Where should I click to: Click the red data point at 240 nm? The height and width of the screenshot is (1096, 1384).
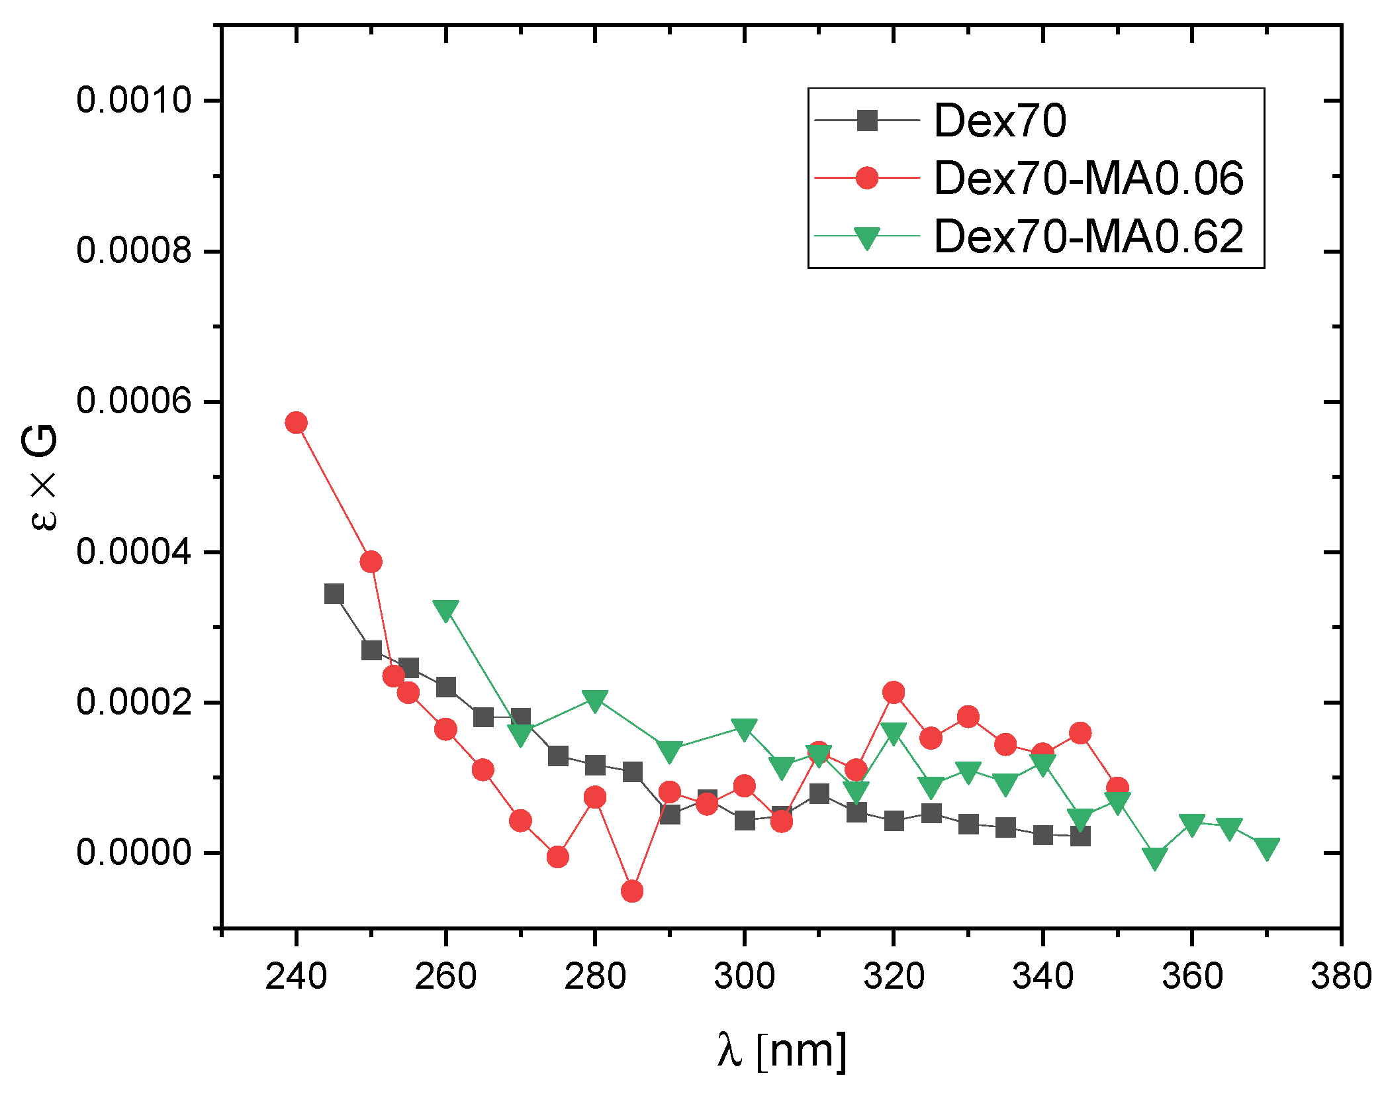[x=296, y=423]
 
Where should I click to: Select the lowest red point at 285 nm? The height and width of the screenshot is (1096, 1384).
[x=632, y=891]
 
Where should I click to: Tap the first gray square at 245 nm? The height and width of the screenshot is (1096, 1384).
[x=334, y=594]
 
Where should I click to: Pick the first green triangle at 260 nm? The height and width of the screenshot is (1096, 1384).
[x=445, y=610]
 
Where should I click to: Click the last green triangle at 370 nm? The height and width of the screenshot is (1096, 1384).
[x=1267, y=848]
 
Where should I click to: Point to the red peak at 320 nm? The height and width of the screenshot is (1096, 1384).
[x=894, y=693]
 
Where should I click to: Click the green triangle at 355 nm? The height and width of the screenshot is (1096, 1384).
[x=1154, y=858]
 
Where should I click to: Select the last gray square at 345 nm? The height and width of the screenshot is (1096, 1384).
[x=1080, y=836]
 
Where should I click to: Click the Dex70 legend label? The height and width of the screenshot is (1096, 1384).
[x=999, y=121]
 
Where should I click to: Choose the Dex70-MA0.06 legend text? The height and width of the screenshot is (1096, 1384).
[x=1088, y=178]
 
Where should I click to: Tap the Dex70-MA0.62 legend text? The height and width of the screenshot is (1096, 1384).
[x=1088, y=236]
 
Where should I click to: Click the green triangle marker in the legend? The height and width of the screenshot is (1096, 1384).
[x=866, y=238]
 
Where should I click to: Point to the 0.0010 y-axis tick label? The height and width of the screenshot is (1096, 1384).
[x=133, y=101]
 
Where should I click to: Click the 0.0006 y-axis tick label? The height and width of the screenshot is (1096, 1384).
[x=133, y=401]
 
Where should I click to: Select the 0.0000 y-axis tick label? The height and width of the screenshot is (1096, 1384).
[x=133, y=852]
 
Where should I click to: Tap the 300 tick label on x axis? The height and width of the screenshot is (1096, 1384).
[x=744, y=977]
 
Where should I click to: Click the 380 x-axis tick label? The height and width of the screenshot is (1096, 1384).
[x=1341, y=977]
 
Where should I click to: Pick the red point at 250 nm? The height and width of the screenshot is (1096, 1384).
[x=371, y=562]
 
